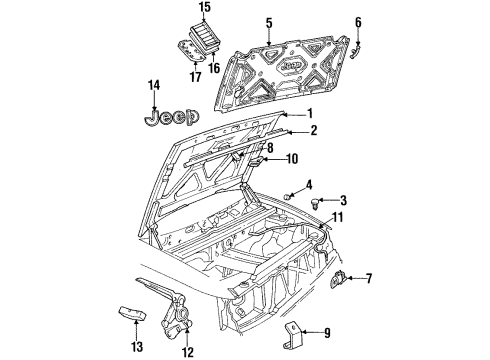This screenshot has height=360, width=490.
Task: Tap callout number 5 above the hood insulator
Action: click(x=267, y=22)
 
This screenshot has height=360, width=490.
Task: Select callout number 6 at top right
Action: click(x=358, y=22)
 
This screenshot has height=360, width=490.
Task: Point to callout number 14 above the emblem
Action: click(x=154, y=87)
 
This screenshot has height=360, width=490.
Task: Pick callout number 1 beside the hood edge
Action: click(x=309, y=113)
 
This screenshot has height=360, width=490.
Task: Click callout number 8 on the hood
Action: click(x=268, y=148)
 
